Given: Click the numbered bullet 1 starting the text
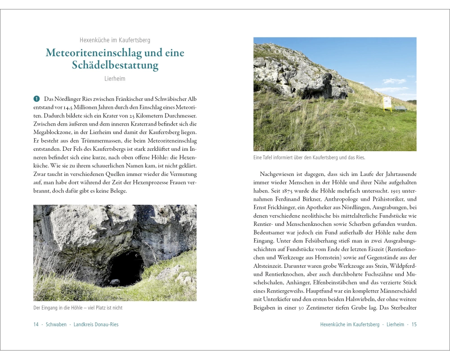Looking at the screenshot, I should click(36, 99).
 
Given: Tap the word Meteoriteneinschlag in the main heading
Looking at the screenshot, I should click(93, 53).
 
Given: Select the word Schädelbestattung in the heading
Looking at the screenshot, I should click(115, 65).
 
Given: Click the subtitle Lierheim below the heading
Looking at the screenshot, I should click(115, 79).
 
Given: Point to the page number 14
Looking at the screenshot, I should click(36, 324).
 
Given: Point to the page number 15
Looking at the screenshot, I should click(414, 324).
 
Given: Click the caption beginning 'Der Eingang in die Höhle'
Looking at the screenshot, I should click(78, 308).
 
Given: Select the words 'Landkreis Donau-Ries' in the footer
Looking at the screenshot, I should click(96, 324).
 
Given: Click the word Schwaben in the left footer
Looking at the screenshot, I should click(56, 324).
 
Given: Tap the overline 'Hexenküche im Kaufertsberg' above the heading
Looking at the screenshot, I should click(115, 40).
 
